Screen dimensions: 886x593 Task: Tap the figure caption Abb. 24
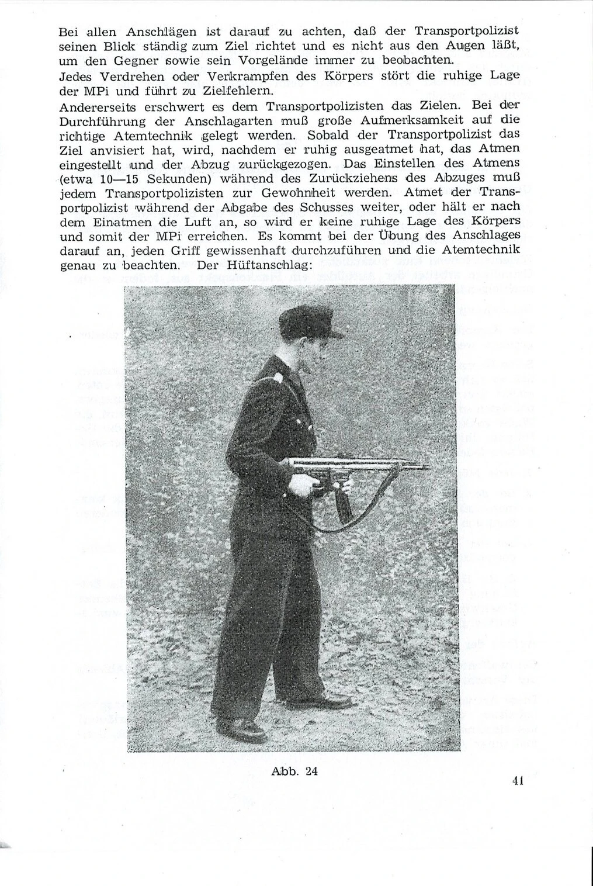click(294, 771)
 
